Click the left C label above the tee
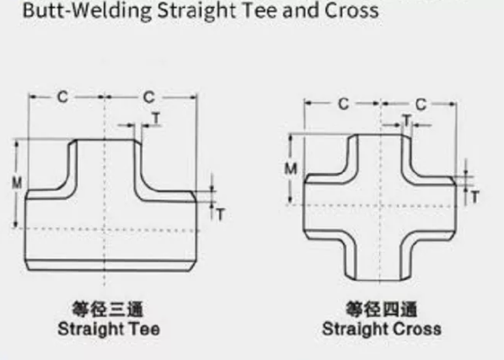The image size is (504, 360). [x=62, y=97]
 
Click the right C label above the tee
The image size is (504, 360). [x=149, y=97]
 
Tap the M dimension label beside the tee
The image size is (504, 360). [x=17, y=183]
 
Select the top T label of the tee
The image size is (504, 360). [x=156, y=118]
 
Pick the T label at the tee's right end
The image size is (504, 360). [x=220, y=214]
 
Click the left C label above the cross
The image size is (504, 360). [x=344, y=104]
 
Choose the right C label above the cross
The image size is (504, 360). [x=421, y=105]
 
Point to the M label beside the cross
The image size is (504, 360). [x=291, y=169]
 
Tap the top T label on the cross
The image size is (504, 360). [x=406, y=121]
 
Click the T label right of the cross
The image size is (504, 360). [x=475, y=196]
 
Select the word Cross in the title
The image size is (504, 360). [x=351, y=10]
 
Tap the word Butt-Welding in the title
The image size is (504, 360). [x=87, y=10]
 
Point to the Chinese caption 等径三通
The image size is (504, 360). [x=108, y=309]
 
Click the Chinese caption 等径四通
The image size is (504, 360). [x=381, y=309]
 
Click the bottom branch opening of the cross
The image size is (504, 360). [x=378, y=279]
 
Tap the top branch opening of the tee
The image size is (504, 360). [x=105, y=140]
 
